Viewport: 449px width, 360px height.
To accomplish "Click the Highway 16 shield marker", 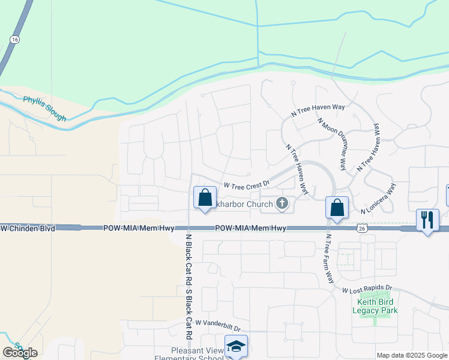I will [14, 39].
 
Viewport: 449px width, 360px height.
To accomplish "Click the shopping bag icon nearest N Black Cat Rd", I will [205, 197].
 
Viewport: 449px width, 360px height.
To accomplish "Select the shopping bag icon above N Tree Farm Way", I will [337, 208].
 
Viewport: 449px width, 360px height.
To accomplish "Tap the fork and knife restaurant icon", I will [427, 219].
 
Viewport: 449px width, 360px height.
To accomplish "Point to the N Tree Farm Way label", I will [329, 259].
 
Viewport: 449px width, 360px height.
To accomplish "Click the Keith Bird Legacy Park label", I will [375, 306].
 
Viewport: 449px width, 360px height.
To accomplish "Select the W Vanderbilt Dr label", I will [217, 326].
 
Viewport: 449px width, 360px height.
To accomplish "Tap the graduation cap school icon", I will [236, 346].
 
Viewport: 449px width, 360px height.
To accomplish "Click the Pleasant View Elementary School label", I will [189, 353].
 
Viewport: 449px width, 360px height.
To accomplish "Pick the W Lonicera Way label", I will [379, 198].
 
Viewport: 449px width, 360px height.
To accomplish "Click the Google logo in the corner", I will [20, 353].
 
